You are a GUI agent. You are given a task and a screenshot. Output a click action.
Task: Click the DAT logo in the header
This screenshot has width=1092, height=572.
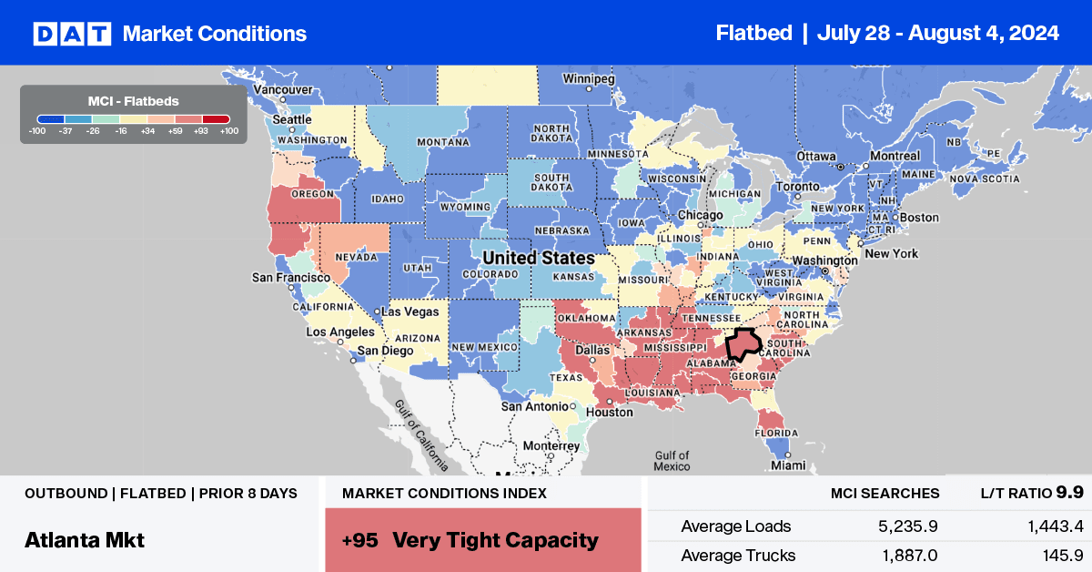pyautogui.click(x=72, y=34)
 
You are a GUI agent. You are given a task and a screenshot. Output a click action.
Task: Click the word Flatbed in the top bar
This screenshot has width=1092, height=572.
pyautogui.click(x=753, y=34)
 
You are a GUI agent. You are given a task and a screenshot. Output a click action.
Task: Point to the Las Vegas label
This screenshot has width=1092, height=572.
pyautogui.click(x=410, y=312)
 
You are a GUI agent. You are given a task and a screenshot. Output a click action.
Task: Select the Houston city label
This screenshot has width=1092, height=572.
pyautogui.click(x=609, y=412)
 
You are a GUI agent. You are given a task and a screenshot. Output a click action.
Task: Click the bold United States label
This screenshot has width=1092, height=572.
pyautogui.click(x=539, y=258)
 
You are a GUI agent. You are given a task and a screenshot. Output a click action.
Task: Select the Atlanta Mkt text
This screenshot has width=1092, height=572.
pyautogui.click(x=85, y=539)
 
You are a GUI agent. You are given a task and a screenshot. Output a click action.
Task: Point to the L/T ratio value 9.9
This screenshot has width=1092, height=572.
pyautogui.click(x=1070, y=493)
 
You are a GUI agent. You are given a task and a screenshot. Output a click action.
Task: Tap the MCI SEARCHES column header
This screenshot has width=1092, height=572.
pyautogui.click(x=885, y=493)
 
